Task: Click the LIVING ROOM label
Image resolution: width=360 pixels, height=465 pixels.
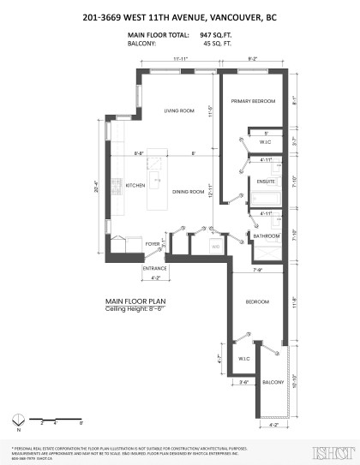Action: [x=179, y=110]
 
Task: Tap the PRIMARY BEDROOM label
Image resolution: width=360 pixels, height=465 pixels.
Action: [x=253, y=101]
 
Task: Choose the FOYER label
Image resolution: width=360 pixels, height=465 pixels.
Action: [x=153, y=244]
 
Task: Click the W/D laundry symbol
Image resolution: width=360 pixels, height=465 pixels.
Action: [x=217, y=247]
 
